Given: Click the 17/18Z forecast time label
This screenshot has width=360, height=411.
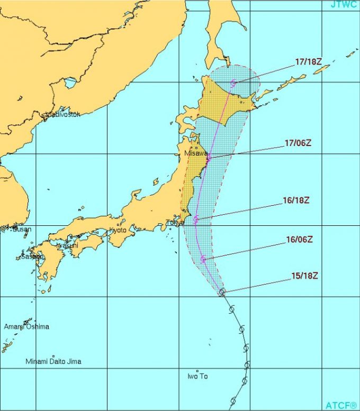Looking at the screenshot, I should tap(308, 61).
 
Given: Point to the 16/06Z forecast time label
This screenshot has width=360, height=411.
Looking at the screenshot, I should tap(299, 239).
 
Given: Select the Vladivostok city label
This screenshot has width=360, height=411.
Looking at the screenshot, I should tap(63, 114).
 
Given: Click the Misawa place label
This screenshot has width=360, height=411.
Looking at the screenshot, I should tap(195, 153).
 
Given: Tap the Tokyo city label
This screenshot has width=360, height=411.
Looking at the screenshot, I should tap(174, 223).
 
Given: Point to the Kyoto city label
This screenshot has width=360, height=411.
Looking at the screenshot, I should tap(119, 230).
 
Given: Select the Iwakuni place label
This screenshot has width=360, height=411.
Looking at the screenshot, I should tap(67, 245).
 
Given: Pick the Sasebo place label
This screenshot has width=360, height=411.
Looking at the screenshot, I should tap(32, 257).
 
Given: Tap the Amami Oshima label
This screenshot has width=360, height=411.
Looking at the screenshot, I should tap(26, 326).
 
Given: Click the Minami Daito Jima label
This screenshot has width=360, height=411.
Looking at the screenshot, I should tap(53, 361).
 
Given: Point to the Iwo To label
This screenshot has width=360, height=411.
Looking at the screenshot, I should tap(197, 376).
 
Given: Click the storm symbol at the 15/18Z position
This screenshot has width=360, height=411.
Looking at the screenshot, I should tap(222, 291).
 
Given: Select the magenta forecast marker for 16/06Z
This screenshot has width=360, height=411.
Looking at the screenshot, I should tap(203, 259).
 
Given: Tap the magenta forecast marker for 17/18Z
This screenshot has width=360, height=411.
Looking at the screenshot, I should tap(234, 82).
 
